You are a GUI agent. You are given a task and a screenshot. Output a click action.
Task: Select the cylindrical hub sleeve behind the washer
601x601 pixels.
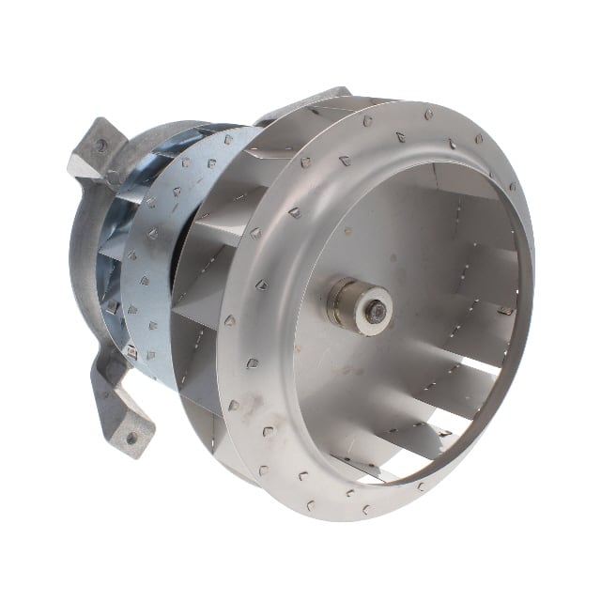pos(344,306)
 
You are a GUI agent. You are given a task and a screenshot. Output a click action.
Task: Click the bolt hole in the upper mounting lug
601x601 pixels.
pos(100,146)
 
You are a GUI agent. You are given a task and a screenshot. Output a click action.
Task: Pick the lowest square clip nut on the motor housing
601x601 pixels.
pos(131,352)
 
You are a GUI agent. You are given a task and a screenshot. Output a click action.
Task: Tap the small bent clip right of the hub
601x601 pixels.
pos(506,310)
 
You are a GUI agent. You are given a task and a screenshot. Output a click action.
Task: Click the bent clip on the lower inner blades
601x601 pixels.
pos(437,430)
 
